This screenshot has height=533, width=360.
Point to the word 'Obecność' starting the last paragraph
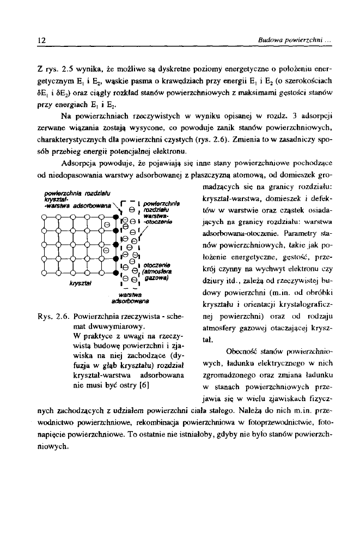point(237,366)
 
